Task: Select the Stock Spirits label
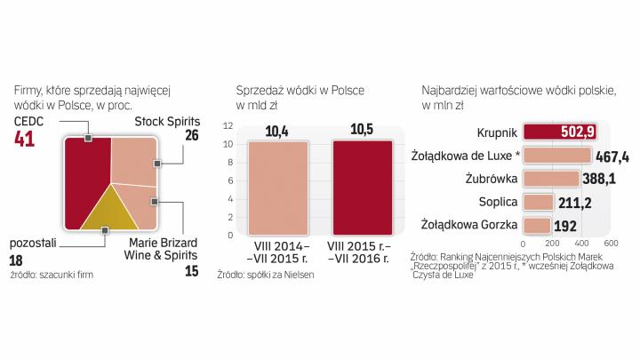tap(167, 121)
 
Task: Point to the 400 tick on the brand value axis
tap(581, 242)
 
